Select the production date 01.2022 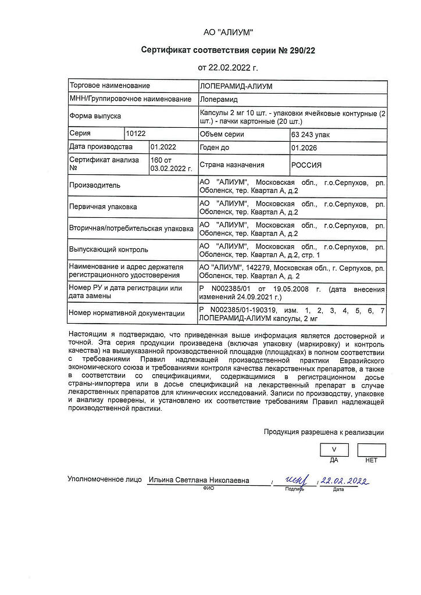(x=163, y=148)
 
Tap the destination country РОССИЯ (x=306, y=164)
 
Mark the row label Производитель (x=95, y=185)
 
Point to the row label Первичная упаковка (x=104, y=207)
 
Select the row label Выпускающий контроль (x=108, y=249)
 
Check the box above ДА (x=334, y=449)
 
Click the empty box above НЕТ (x=371, y=449)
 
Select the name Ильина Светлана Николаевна (x=198, y=481)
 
